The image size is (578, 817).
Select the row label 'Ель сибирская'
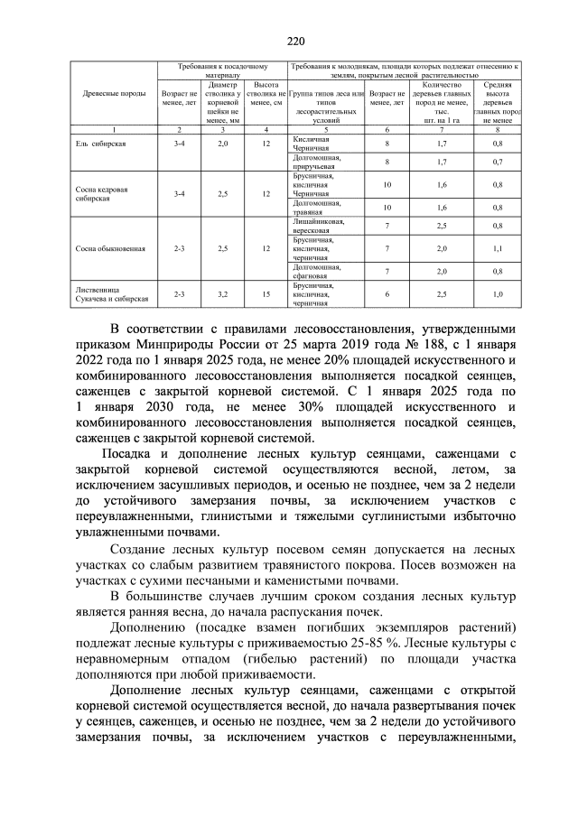click(x=101, y=144)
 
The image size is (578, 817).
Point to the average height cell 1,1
click(x=498, y=247)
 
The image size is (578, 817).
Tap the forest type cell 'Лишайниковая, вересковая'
click(x=315, y=225)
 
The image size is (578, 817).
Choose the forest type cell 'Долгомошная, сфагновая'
click(x=315, y=271)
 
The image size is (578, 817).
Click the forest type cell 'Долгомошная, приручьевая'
click(x=314, y=162)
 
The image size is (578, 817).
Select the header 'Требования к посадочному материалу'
click(x=221, y=71)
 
